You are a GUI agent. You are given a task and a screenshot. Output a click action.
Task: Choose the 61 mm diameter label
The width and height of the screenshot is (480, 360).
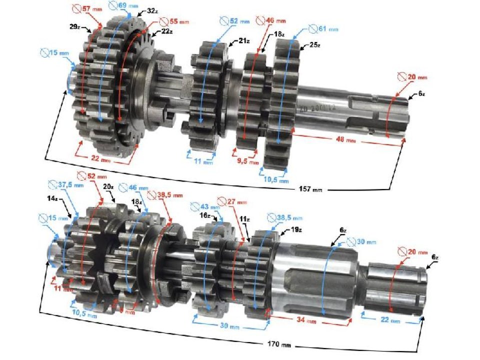[317, 28]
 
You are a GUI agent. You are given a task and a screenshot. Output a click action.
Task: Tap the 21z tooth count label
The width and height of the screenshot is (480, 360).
[244, 41]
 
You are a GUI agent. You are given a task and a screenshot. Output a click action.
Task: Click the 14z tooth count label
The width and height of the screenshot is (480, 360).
[52, 198]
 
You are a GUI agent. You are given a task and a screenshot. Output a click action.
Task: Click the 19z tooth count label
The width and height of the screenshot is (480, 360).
[296, 230]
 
